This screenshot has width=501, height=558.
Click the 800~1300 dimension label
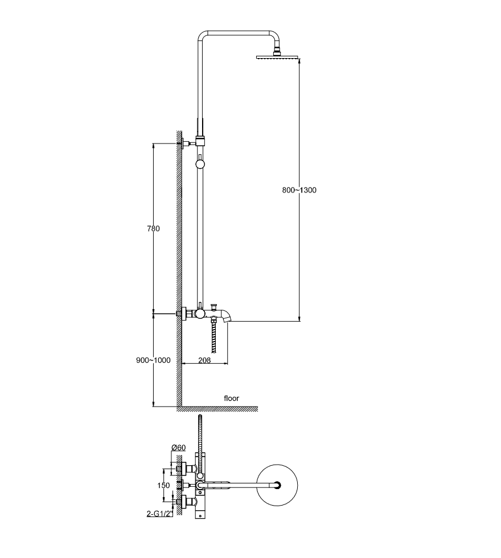299,190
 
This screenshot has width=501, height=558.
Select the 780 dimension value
153,228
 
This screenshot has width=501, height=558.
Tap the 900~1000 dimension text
153,360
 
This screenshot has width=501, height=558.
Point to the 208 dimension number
204,360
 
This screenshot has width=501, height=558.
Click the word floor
231,398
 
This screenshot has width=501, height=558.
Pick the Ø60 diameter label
178,448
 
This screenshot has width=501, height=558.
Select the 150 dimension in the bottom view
164,485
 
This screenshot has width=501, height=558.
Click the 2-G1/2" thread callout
159,514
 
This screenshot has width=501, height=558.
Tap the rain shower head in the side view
278,56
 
